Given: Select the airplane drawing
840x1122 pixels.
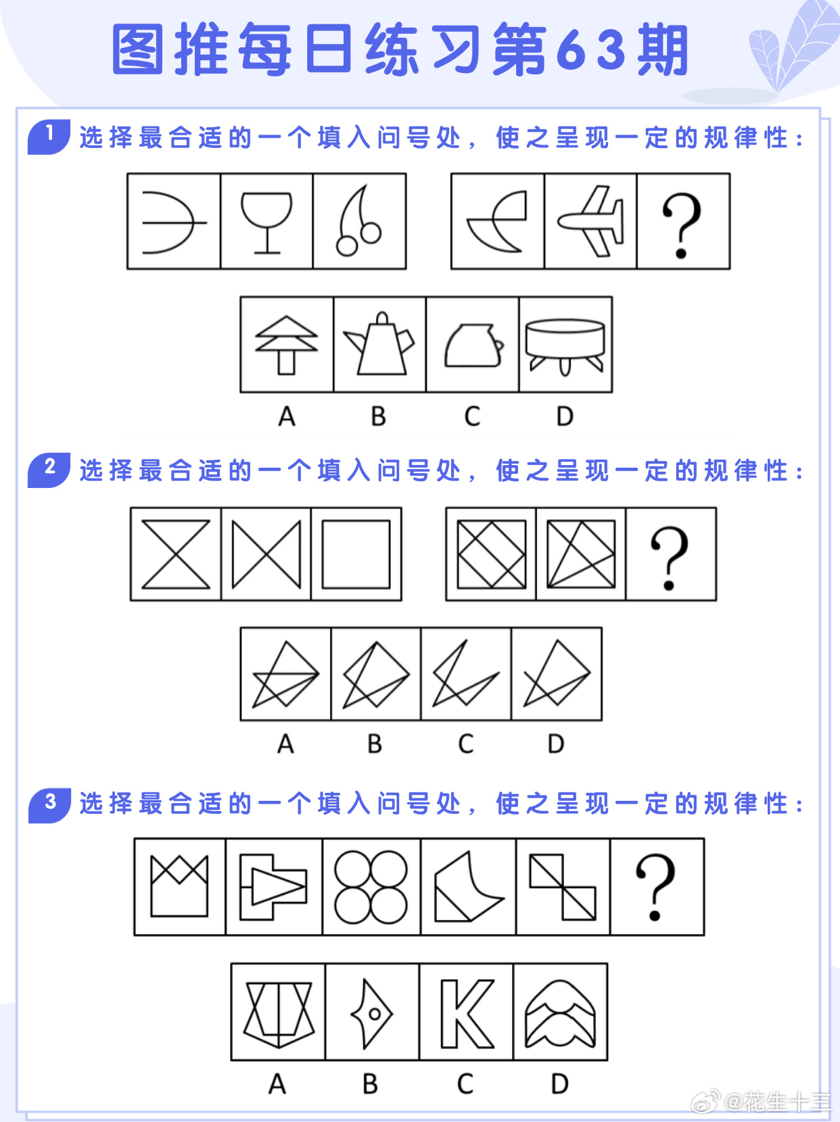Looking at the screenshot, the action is [x=590, y=221].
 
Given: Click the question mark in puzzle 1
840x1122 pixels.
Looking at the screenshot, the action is [x=682, y=225].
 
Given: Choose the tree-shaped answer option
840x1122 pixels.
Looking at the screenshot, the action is [x=286, y=345].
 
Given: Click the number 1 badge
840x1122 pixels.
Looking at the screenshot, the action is [x=49, y=137].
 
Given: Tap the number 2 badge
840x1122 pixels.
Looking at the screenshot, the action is [x=49, y=470].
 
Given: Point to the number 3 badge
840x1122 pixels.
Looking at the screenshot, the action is [x=49, y=805].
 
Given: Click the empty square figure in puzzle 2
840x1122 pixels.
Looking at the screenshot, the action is [x=356, y=554].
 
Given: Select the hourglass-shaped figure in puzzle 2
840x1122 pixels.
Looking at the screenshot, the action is [x=175, y=554].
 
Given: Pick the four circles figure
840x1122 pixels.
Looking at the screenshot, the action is [x=371, y=887].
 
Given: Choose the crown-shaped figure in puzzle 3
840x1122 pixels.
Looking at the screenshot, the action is [x=179, y=886].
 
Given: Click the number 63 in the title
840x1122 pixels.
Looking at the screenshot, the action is [x=591, y=50].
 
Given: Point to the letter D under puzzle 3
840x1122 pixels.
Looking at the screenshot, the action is [x=560, y=1083].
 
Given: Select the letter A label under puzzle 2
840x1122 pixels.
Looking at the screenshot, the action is [x=286, y=743].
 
